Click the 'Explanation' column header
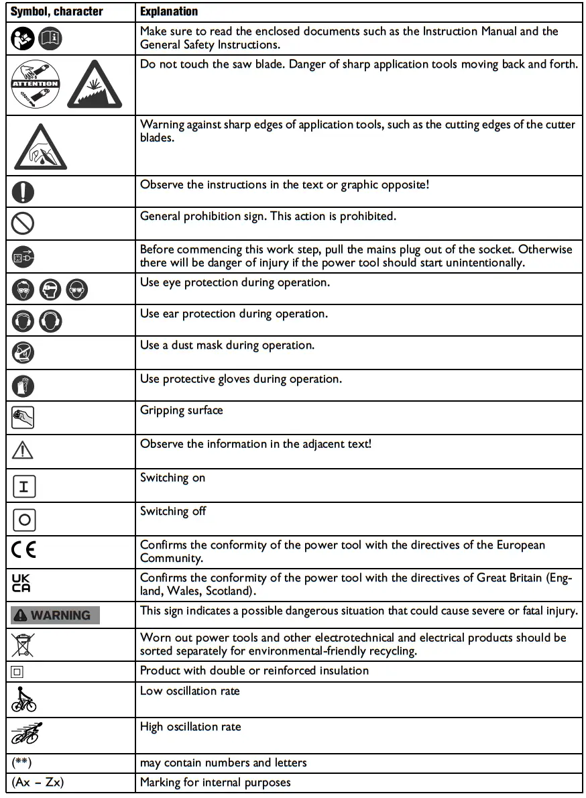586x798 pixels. tap(169, 11)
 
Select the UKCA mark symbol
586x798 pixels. tap(21, 583)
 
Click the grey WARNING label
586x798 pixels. tap(54, 615)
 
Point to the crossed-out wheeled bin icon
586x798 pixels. tap(21, 644)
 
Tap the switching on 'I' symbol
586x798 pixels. tap(23, 487)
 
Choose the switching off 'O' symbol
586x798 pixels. tap(23, 520)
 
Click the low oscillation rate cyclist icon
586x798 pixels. tap(24, 699)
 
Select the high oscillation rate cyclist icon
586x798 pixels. tap(25, 735)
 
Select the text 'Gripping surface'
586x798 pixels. tap(181, 410)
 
